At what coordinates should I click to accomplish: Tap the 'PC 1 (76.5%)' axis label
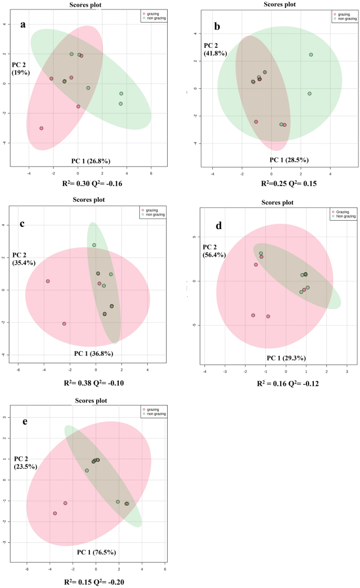96,552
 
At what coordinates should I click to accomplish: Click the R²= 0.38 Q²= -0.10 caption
92,383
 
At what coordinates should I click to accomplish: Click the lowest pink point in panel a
41,128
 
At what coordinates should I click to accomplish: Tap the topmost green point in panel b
311,55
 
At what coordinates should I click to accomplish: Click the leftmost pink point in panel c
48,281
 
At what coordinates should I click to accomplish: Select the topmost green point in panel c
94,245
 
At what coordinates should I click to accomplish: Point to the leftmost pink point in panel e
55,513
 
